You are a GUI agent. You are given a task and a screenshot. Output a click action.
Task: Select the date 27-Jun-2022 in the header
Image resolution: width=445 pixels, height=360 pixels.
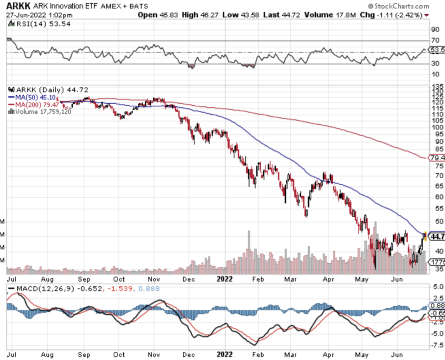point(26,15)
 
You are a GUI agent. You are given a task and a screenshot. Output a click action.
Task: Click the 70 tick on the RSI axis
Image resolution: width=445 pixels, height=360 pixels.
point(434,40)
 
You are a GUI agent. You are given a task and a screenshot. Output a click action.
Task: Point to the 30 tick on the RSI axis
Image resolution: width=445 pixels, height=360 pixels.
point(434,64)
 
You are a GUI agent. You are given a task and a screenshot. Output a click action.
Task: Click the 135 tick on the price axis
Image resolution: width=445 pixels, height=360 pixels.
point(437,87)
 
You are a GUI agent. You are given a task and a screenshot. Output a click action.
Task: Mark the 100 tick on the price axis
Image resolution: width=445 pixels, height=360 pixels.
point(437,127)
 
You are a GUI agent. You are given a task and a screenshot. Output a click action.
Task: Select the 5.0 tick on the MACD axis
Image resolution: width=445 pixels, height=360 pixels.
point(437,288)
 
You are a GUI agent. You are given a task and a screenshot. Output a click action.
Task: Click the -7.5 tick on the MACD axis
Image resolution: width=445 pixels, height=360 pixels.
point(437,345)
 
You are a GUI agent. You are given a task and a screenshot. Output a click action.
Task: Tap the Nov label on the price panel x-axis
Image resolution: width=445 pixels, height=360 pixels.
point(154,279)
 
